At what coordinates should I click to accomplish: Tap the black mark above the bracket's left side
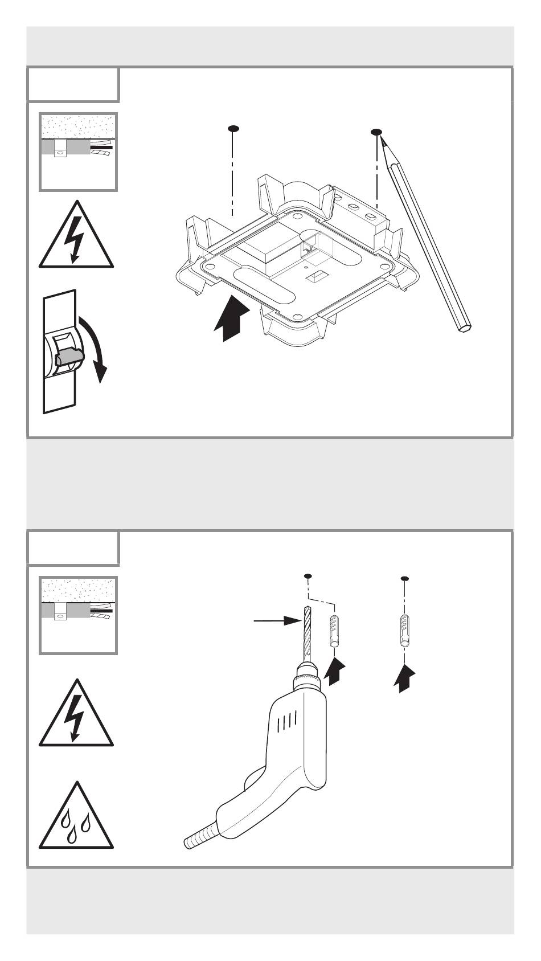pyautogui.click(x=232, y=129)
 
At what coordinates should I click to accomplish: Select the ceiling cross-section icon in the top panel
pyautogui.click(x=78, y=152)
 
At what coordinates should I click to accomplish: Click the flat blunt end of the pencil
pyautogui.click(x=465, y=327)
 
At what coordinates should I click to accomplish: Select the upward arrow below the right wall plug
pyautogui.click(x=404, y=678)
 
